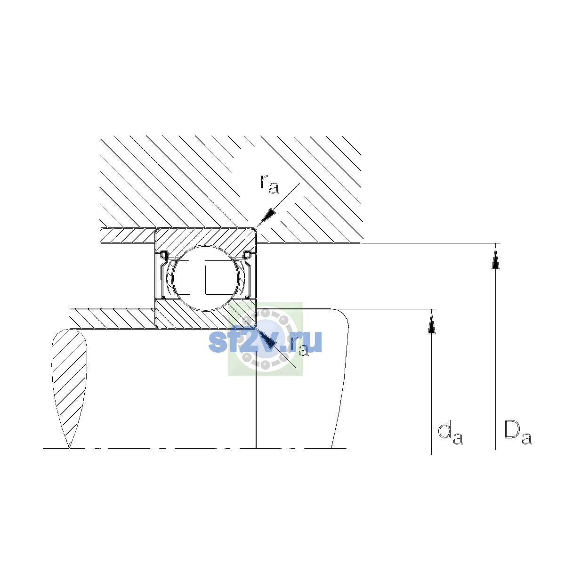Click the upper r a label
click(x=269, y=184)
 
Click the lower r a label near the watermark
click(x=299, y=347)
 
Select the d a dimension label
click(x=451, y=433)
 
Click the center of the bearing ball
click(x=206, y=278)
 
